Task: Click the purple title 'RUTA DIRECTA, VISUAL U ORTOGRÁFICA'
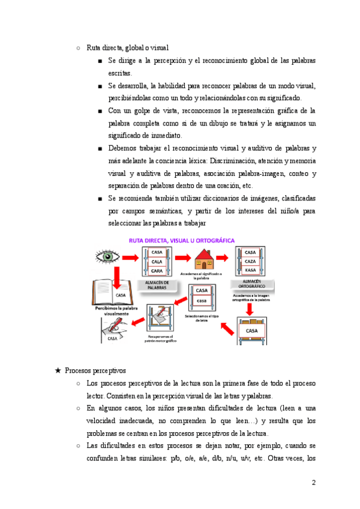pos(182,240)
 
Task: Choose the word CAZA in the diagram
pos(251,262)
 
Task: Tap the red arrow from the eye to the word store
pos(128,257)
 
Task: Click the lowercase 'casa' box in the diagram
pos(202,300)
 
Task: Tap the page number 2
pos(314,482)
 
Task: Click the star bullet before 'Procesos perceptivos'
pos(58,371)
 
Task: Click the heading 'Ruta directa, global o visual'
pos(128,47)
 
